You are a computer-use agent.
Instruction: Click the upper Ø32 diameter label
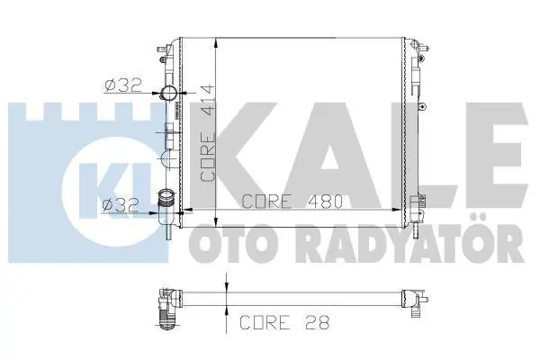click(x=123, y=85)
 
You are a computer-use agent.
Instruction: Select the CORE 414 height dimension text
click(x=208, y=132)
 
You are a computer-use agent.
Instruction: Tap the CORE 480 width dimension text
click(x=292, y=202)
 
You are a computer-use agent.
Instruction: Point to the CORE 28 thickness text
click(x=284, y=322)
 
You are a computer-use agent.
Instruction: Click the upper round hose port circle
click(x=169, y=93)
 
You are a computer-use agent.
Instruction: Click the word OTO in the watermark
click(x=228, y=242)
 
